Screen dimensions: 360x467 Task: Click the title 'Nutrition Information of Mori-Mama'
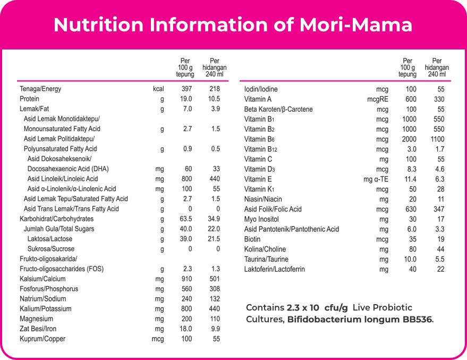[233, 24]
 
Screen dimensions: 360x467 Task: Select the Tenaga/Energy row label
[40, 89]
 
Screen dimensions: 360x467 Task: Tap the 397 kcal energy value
[186, 89]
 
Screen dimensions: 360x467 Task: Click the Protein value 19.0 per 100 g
[186, 99]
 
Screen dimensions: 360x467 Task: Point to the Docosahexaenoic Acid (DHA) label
[67, 169]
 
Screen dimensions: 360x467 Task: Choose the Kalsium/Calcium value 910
[186, 279]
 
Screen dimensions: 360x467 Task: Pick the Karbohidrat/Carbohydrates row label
[56, 219]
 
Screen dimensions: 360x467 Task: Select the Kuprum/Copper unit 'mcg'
[158, 339]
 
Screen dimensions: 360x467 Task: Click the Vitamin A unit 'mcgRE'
[378, 99]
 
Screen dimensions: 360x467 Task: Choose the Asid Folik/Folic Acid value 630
[410, 209]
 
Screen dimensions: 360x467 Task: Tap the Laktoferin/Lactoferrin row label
[274, 269]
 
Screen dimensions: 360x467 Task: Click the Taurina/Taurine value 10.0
[410, 259]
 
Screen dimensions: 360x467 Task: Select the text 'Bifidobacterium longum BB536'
[360, 320]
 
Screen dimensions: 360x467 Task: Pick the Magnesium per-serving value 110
[215, 319]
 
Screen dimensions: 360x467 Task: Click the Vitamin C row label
[258, 159]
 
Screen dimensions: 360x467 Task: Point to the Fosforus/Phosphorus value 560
[186, 289]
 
